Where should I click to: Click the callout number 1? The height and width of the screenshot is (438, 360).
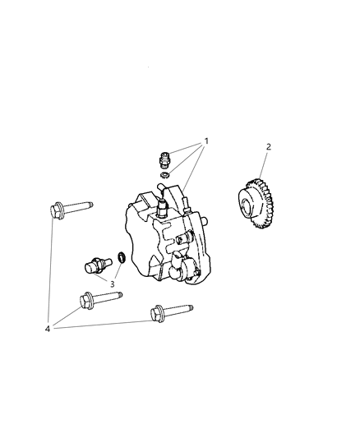point(206,141)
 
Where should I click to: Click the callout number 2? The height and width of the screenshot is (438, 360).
point(268,147)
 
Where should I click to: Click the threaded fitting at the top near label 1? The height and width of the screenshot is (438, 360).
point(163,155)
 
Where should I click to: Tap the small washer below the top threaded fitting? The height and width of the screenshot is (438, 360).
point(164,173)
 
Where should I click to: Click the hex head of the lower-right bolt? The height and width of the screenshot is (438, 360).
point(155,313)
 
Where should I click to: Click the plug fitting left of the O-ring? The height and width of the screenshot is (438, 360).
point(97,264)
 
